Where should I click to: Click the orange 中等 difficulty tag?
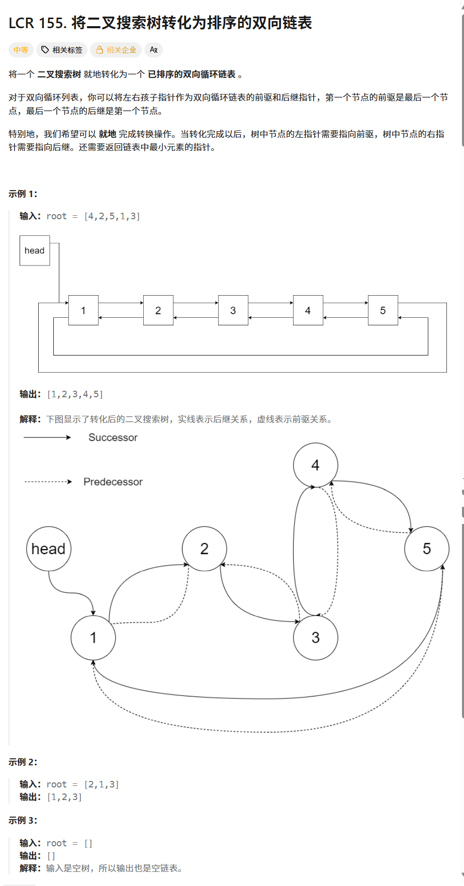click(21, 50)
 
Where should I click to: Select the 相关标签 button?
click(62, 50)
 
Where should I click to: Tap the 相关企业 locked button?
click(116, 50)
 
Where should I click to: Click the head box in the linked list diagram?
click(35, 250)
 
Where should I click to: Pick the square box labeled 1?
click(83, 310)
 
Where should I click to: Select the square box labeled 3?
click(233, 310)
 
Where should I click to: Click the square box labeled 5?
click(383, 310)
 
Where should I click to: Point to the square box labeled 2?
click(158, 310)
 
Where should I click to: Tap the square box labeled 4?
click(308, 310)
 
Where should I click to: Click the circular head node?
click(49, 549)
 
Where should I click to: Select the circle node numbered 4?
click(316, 465)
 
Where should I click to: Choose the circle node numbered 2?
click(205, 549)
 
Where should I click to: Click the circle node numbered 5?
click(427, 549)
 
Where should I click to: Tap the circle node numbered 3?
click(316, 638)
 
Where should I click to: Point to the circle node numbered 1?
click(94, 638)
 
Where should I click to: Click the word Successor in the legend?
click(113, 437)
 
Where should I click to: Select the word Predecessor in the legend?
click(113, 482)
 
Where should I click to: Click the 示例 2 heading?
click(23, 762)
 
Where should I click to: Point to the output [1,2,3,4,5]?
click(75, 394)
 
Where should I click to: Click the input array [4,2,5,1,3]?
click(112, 216)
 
